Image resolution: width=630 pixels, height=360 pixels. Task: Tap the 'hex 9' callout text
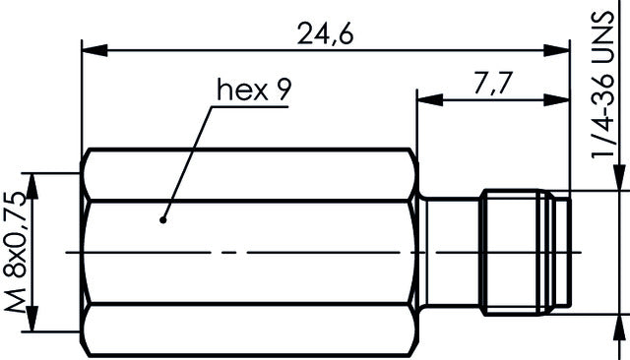254,91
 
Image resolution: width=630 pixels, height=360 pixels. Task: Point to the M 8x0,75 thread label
17,253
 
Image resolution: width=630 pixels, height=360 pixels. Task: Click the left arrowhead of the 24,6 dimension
90,47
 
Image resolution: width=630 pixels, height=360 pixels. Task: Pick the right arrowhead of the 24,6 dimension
563,47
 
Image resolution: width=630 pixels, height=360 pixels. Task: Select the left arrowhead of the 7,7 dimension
423,97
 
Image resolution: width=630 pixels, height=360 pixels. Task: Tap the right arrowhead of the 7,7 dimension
563,97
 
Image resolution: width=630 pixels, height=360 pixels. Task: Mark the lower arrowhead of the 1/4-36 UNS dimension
618,321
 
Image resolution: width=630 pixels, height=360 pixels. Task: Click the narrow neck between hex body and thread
449,253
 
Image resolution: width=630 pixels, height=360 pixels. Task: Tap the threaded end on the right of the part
522,253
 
